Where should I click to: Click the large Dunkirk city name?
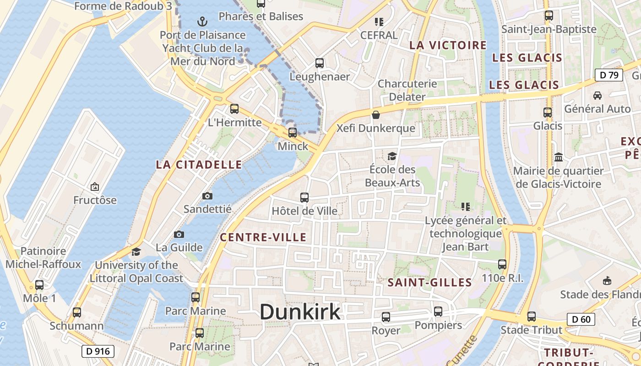click(x=300, y=312)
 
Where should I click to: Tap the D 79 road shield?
click(x=608, y=75)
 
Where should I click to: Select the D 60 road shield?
click(x=581, y=319)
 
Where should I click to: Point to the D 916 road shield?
click(x=98, y=351)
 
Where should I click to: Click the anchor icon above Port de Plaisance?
click(x=202, y=21)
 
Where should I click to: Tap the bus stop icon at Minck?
click(x=293, y=133)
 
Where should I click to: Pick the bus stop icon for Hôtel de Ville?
click(x=304, y=198)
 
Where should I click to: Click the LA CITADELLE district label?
click(x=199, y=165)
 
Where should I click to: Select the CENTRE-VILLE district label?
click(x=263, y=237)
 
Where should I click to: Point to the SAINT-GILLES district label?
click(x=429, y=282)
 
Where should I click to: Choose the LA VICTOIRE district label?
click(x=448, y=45)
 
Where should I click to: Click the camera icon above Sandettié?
click(x=207, y=196)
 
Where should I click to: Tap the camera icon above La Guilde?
click(x=179, y=234)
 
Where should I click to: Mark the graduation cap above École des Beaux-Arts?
click(x=392, y=156)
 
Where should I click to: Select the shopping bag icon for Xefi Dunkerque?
click(x=376, y=115)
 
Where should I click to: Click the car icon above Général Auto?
click(x=597, y=96)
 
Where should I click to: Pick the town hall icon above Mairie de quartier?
click(x=558, y=157)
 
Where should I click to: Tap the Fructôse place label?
click(x=95, y=200)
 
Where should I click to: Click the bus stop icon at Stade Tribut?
click(x=531, y=316)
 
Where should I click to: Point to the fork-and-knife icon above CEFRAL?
click(x=379, y=22)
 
